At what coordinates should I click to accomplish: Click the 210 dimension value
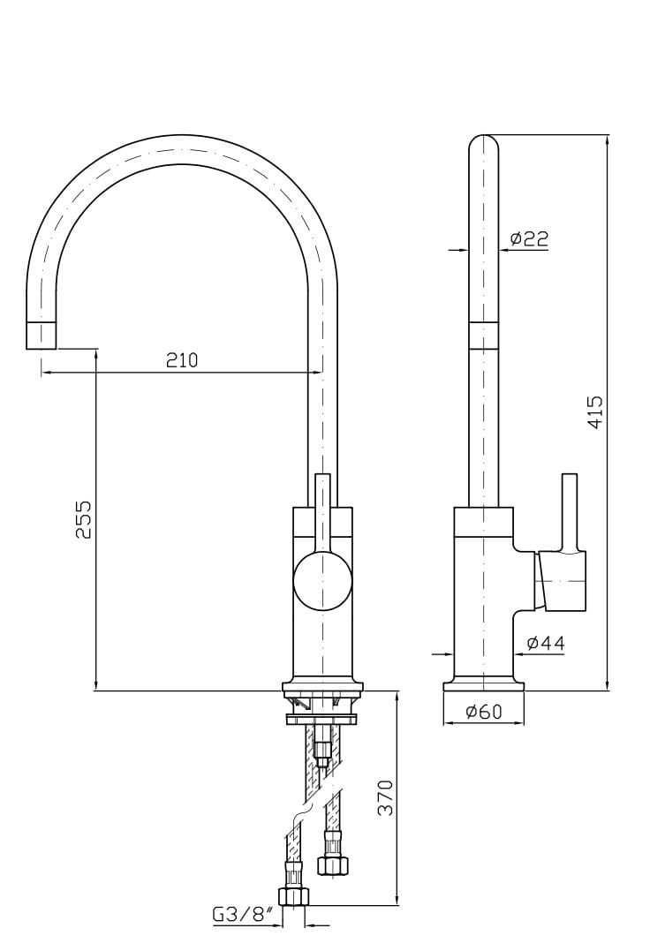coord(182,359)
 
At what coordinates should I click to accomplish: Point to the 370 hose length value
coord(385,797)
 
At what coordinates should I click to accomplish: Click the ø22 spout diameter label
coord(529,238)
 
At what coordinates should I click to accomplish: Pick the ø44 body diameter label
coord(545,643)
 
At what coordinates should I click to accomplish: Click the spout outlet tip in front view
coord(42,336)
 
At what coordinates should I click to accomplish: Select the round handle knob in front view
coord(322,579)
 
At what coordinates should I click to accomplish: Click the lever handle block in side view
coord(562,580)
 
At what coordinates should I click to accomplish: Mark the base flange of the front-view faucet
coord(322,686)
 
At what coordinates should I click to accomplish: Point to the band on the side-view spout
coord(483,336)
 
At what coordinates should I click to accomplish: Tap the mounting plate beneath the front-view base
coord(322,719)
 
